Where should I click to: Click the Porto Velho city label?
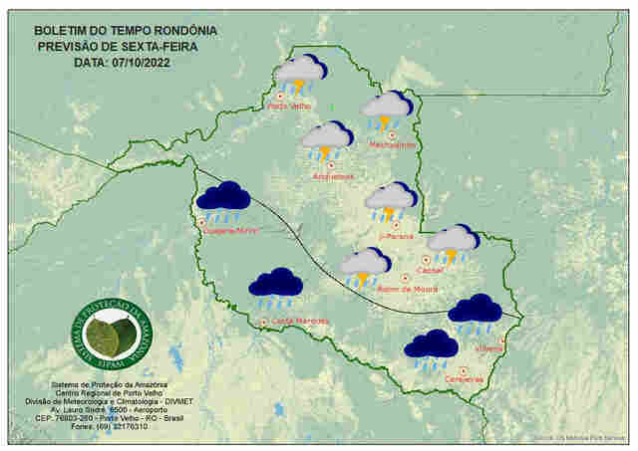click(x=290, y=106)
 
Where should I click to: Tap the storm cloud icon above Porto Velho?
click(x=300, y=73)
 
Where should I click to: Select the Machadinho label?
click(x=392, y=144)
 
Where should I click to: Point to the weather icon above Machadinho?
click(x=386, y=109)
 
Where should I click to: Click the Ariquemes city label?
click(x=333, y=176)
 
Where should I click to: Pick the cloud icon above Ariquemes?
click(x=327, y=139)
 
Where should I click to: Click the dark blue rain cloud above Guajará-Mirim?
click(x=223, y=199)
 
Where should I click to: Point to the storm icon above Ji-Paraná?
click(x=391, y=200)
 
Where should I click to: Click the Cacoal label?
click(x=432, y=270)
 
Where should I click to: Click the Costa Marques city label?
click(x=299, y=321)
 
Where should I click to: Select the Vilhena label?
click(x=489, y=348)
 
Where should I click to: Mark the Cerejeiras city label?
click(x=465, y=378)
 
